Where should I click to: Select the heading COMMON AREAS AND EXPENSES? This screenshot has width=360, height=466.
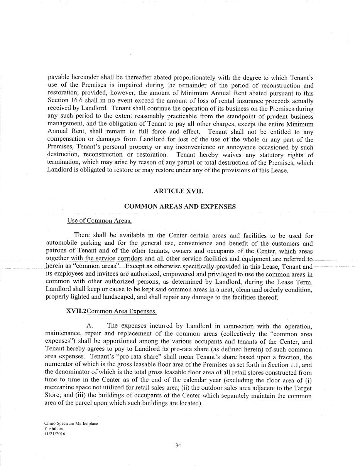point(180,207)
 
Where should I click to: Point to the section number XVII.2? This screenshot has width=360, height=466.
point(76,311)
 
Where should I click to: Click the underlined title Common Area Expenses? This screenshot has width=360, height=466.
point(122,311)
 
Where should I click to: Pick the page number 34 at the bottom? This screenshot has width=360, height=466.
point(178,446)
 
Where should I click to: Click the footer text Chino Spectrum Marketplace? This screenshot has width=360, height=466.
point(71,424)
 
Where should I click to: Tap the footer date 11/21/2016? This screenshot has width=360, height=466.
point(55,433)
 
